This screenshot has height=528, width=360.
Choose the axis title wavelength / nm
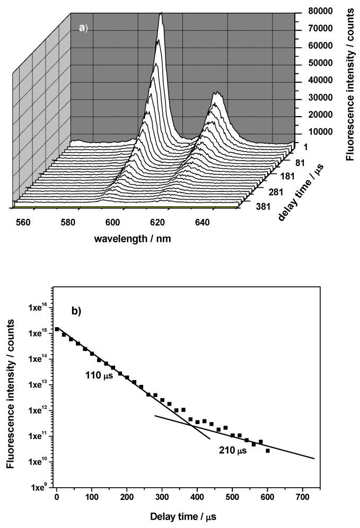[x=133, y=239]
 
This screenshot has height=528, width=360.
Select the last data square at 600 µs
[x=268, y=451]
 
